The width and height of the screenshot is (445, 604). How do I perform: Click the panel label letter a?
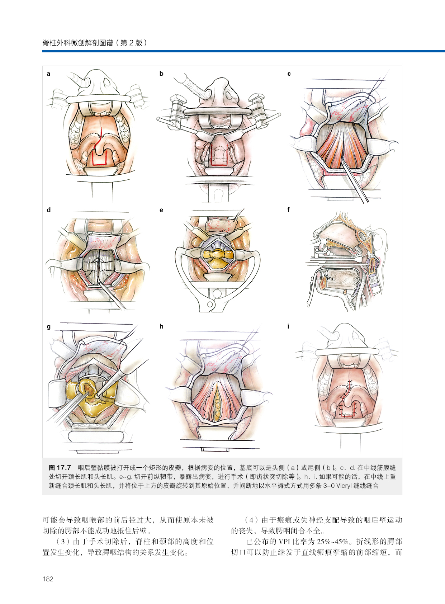tap(48, 74)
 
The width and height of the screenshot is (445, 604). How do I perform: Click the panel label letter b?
tap(161, 74)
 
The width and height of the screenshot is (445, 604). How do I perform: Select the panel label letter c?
tap(289, 74)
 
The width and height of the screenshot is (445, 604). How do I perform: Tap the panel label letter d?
tap(49, 210)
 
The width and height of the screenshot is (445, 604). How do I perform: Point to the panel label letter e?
tap(161, 210)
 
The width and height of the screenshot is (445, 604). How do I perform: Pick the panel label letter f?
tap(289, 209)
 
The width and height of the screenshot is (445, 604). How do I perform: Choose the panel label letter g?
tap(49, 327)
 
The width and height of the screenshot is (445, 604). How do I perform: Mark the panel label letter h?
tap(161, 326)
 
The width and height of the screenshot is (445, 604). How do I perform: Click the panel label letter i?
tap(288, 326)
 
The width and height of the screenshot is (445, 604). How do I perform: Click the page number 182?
tap(48, 579)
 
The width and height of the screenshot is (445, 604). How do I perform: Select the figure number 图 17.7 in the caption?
tap(60, 468)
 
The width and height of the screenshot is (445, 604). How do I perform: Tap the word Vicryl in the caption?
tap(344, 486)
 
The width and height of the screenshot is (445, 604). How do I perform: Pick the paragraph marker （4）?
tap(251, 520)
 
